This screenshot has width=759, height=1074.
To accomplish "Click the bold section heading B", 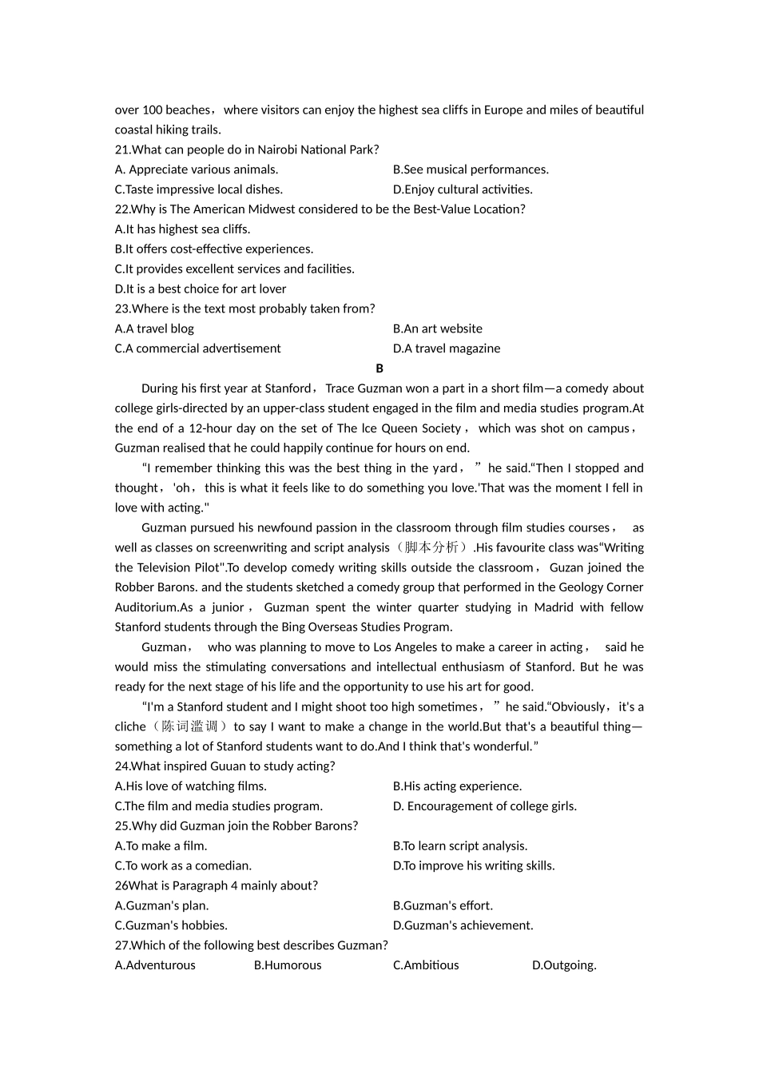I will coord(379,368).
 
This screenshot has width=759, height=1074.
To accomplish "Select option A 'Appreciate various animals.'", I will coord(197,169).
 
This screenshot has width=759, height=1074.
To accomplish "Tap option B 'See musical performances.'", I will coord(471,169).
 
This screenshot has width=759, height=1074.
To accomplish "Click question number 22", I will coord(122,209).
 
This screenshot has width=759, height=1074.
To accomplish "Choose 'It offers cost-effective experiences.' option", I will coord(214,249).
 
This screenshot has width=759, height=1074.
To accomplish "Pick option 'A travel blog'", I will coord(154,328).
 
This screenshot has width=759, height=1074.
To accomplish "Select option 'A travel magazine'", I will coord(447,348).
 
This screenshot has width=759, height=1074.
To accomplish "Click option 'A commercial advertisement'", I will coord(198,348).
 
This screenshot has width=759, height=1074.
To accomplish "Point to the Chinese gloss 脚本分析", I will coord(431,547).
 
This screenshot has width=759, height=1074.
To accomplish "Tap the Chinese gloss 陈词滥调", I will coord(189,726).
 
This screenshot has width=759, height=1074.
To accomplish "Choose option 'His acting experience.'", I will coord(457,786).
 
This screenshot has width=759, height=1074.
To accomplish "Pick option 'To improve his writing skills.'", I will coord(474,865).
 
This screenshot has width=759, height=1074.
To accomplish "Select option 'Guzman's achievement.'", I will coord(463,925).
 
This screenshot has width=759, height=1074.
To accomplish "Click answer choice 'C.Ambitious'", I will coord(426,965).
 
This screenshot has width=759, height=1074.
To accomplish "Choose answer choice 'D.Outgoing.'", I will coord(564,965).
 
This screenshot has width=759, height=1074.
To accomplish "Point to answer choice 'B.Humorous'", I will coord(288,965).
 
